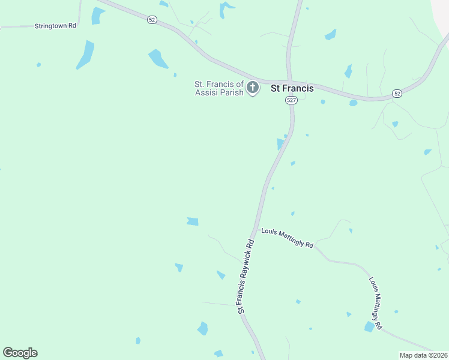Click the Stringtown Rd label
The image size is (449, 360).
(55, 26)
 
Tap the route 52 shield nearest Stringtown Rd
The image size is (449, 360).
(152, 20)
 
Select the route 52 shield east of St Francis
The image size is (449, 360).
(397, 94)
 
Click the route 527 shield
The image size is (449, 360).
(291, 101)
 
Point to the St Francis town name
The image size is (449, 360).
(292, 88)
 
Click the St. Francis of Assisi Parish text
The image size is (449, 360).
(219, 88)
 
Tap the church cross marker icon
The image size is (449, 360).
(253, 88)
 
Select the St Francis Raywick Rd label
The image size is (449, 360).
(247, 277)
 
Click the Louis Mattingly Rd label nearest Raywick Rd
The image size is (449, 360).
(287, 238)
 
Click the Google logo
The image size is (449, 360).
(20, 353)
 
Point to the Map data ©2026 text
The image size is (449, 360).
(424, 355)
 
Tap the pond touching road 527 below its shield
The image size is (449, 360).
(280, 144)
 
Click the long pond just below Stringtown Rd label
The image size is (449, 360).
(86, 55)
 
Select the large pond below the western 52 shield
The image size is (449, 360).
(158, 59)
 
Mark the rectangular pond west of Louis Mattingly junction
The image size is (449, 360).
(192, 221)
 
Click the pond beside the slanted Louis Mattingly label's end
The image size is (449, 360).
(369, 326)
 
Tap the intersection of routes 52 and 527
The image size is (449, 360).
(289, 83)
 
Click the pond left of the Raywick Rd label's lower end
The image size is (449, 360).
(203, 328)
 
